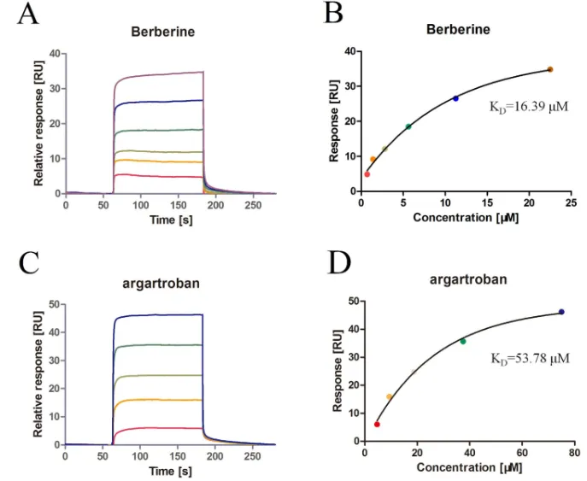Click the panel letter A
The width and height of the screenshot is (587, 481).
click(27, 15)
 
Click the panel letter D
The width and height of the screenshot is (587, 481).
click(340, 263)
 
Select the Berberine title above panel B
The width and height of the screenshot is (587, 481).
click(458, 29)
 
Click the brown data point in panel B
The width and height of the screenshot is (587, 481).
click(550, 69)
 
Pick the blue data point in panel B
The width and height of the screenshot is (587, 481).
click(455, 98)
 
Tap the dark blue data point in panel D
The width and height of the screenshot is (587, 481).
click(561, 312)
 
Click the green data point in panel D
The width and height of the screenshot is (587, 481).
click(463, 341)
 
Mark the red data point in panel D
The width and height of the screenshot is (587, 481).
click(377, 424)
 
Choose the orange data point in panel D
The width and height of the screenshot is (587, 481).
click(390, 396)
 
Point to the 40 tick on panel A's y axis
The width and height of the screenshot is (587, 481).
click(53, 53)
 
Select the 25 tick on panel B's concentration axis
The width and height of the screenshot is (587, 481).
click(571, 202)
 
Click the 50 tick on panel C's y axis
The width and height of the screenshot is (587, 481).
click(53, 304)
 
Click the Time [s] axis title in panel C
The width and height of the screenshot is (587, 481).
click(161, 471)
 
